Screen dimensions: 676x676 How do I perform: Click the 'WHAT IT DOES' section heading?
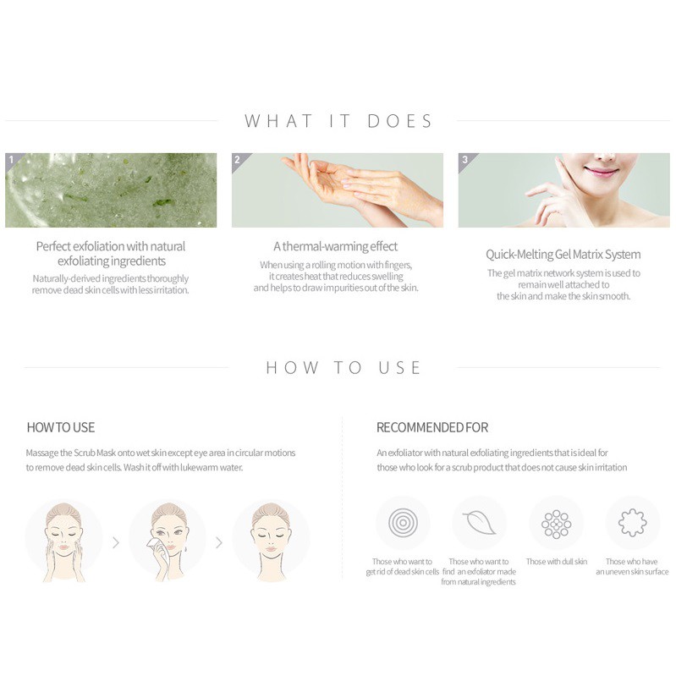tap(338, 121)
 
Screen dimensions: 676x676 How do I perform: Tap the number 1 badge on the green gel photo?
tap(12, 160)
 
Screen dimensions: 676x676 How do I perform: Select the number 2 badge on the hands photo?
tap(238, 160)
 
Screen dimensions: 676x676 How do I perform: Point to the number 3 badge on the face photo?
tap(464, 160)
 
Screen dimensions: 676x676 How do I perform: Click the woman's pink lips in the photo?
tap(601, 172)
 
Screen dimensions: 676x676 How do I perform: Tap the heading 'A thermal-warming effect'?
tap(335, 246)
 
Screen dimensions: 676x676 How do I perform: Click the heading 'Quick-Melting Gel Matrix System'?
tap(563, 255)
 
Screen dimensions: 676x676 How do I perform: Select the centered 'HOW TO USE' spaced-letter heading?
tap(343, 368)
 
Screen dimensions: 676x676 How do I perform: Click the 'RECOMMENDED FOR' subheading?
tap(432, 427)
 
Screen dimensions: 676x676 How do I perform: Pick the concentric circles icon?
tap(403, 523)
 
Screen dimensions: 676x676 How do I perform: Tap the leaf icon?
tap(479, 523)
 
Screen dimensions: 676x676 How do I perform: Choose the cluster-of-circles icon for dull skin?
tap(556, 525)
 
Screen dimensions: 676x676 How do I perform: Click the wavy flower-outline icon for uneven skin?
tap(632, 523)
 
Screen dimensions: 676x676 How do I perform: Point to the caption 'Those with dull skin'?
tap(557, 561)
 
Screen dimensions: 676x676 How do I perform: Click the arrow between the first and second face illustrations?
tap(116, 542)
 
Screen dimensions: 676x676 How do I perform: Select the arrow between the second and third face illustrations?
tap(219, 542)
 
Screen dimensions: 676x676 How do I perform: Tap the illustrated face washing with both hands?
tap(63, 542)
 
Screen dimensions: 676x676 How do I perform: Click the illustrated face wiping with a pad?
tap(168, 542)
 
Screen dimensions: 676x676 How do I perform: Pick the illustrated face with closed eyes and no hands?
tap(272, 542)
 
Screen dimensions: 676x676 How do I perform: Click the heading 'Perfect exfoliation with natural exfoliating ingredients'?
tap(111, 254)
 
